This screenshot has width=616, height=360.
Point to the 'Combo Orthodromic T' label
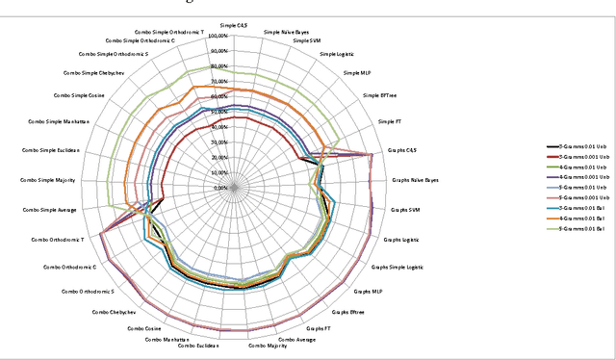click(x=58, y=239)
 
